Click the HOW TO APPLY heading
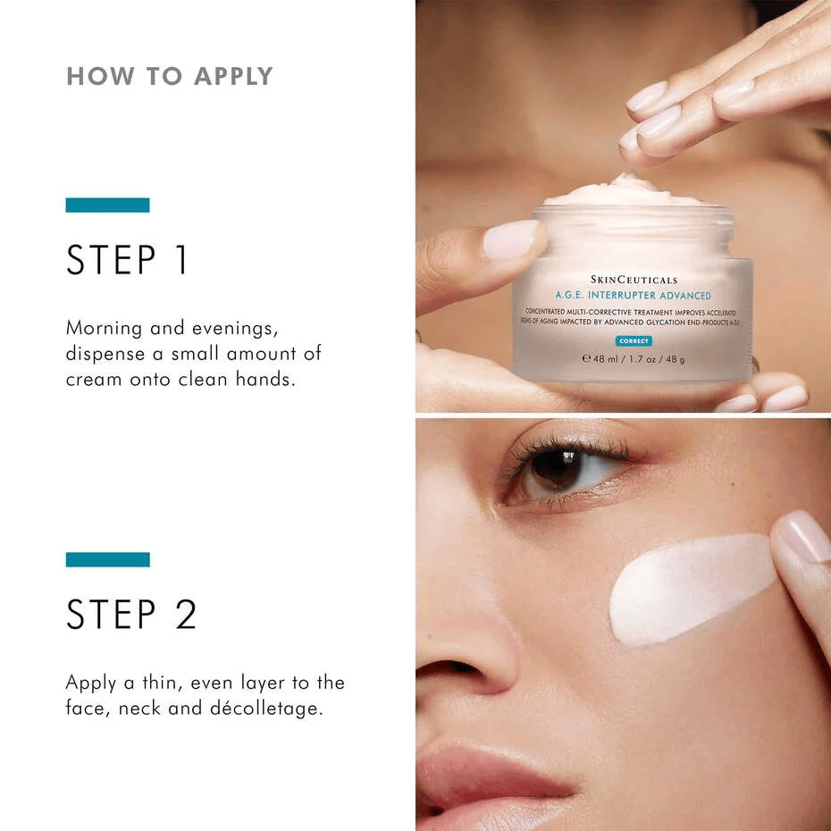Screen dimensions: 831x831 click(x=169, y=76)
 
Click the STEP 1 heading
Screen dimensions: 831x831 click(x=128, y=259)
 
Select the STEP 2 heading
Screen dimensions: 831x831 click(x=131, y=615)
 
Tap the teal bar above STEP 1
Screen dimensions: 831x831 click(x=107, y=205)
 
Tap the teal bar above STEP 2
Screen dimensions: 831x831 click(x=107, y=559)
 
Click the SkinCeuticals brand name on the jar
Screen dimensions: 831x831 click(x=634, y=280)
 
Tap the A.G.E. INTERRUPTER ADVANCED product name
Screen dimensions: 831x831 click(x=633, y=296)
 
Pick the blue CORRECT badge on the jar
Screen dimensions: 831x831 click(x=634, y=341)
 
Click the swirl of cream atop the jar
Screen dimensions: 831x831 click(x=625, y=190)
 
